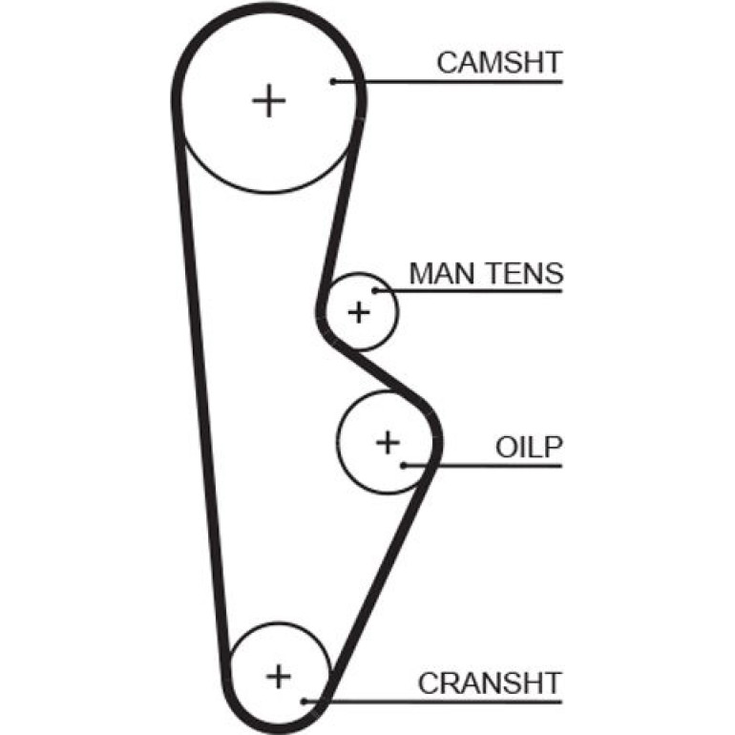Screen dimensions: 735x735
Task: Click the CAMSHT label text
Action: (x=499, y=63)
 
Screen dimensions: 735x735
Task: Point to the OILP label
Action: (x=529, y=447)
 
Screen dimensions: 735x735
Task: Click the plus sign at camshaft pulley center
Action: (x=269, y=101)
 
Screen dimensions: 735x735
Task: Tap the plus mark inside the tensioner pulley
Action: (x=359, y=312)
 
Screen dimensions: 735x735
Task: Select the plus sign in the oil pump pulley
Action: (x=388, y=443)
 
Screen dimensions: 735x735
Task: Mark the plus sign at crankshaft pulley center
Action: (x=279, y=677)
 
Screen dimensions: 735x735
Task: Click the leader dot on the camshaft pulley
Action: (x=333, y=81)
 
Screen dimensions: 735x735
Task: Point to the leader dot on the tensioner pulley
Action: (x=375, y=291)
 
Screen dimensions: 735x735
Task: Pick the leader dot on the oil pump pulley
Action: (x=404, y=466)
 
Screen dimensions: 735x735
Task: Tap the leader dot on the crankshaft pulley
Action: (x=304, y=702)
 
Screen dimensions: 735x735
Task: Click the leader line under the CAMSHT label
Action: (x=448, y=81)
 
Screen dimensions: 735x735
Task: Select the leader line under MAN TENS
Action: (x=469, y=291)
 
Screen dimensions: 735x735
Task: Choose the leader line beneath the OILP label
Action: (x=483, y=466)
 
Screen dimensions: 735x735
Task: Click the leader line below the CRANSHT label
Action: (x=433, y=702)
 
